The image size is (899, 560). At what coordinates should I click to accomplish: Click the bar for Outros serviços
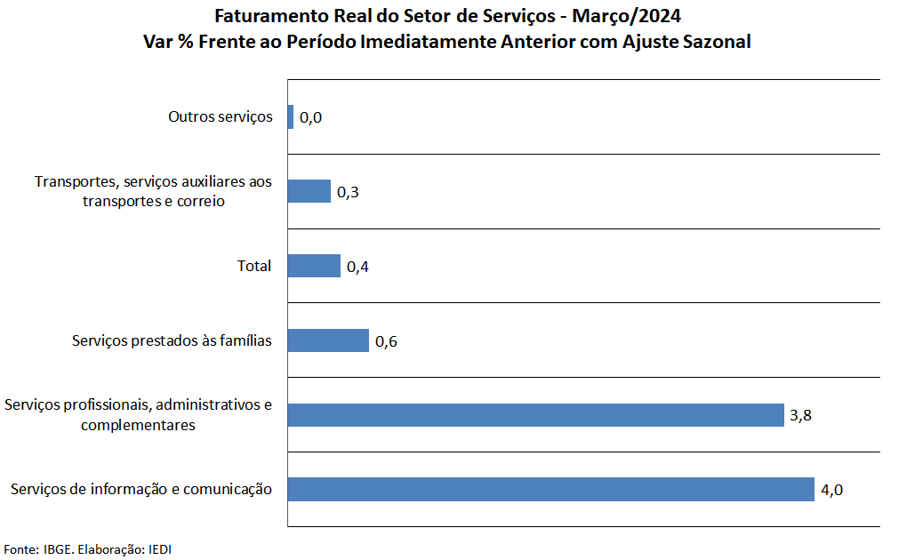pos(291,116)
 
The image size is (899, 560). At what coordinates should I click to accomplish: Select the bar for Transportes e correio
pos(309,191)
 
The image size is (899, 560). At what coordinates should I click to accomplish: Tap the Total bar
pos(315,266)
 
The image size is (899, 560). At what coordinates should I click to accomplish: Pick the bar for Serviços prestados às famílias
pos(328,340)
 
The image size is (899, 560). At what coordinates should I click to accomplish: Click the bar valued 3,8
pos(536,415)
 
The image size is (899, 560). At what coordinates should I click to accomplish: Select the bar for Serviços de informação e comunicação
pos(551,490)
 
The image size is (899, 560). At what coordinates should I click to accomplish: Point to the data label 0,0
pos(310,117)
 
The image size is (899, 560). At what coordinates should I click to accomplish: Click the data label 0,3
pos(347,192)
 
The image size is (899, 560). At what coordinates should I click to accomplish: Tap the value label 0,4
pos(357,267)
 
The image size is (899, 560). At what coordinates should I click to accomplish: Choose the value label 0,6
pos(386,341)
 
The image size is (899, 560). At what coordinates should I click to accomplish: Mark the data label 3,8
pos(800,415)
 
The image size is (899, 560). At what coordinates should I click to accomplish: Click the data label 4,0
pos(831,490)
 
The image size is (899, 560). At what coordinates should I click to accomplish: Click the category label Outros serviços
pos(221,117)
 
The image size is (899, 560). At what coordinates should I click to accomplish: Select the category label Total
pos(254,266)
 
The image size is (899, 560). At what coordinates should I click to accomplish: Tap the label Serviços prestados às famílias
pos(172,340)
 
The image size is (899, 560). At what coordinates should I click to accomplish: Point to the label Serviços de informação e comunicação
pos(141,489)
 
